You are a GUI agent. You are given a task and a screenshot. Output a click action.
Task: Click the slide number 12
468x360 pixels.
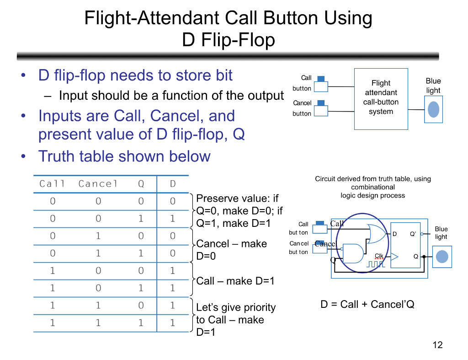click(437, 345)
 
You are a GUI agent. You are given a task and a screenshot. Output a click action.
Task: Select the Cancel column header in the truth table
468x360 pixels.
click(98, 184)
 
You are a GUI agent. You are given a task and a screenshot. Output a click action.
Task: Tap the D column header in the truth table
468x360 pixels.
click(173, 184)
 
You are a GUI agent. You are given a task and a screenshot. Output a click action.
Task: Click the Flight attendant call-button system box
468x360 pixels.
click(381, 98)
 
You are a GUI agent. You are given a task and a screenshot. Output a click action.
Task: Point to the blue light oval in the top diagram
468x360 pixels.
click(433, 110)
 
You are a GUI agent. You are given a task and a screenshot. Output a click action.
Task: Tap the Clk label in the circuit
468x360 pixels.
click(379, 256)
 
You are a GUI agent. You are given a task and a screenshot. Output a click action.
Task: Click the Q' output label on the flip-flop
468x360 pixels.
click(413, 234)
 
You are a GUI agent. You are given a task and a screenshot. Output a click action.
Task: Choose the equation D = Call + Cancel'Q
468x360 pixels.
click(367, 304)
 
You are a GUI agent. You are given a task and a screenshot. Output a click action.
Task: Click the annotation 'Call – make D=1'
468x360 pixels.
click(235, 281)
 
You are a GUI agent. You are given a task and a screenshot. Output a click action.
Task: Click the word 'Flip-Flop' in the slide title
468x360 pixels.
click(229, 40)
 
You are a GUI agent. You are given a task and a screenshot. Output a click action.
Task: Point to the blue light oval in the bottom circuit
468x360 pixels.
click(441, 257)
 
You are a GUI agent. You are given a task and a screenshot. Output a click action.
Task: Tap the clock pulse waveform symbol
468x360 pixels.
click(376, 264)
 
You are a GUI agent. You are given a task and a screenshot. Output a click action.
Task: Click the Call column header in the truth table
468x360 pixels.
click(52, 184)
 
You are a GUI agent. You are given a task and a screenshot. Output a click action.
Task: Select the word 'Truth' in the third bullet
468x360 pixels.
click(54, 156)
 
